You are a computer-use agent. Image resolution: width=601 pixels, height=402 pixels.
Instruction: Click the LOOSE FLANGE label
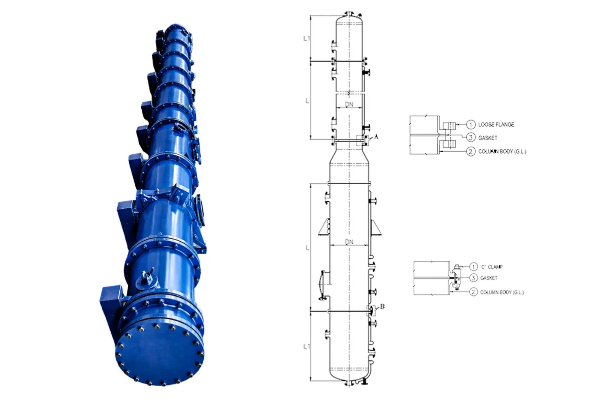(496, 124)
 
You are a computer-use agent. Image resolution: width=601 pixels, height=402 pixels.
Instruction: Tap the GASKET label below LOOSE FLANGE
(489, 138)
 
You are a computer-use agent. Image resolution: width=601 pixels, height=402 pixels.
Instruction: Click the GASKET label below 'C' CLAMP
(488, 278)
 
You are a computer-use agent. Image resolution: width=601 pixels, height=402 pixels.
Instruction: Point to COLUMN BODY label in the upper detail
(503, 151)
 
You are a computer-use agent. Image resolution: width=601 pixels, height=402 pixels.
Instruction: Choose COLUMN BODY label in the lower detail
(502, 292)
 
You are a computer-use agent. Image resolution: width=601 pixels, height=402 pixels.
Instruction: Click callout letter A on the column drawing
(376, 136)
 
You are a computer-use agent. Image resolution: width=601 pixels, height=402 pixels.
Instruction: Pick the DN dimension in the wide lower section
(351, 242)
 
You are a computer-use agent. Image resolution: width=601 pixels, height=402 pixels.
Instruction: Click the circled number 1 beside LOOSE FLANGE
(470, 124)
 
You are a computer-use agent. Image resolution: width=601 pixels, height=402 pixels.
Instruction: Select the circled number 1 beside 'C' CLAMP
(473, 266)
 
